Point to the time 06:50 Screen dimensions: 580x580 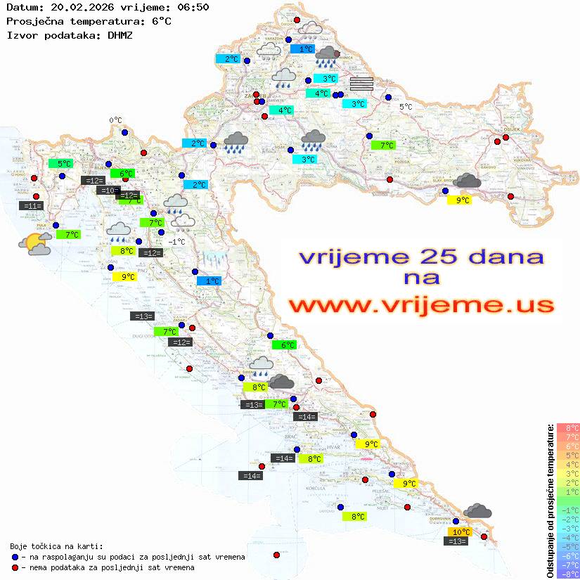[x=191, y=8]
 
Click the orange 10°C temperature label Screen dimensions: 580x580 [x=460, y=531]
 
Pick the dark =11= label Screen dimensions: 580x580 [x=32, y=206]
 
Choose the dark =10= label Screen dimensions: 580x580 [x=107, y=191]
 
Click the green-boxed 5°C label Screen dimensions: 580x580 [x=64, y=164]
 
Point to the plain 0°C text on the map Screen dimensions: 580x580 [x=116, y=120]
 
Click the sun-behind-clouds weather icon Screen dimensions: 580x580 [x=35, y=244]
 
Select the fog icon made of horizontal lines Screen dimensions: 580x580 [x=361, y=84]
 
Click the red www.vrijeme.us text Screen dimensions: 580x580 [x=420, y=306]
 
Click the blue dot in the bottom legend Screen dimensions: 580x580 [x=15, y=557]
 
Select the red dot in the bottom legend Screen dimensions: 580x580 [x=15, y=567]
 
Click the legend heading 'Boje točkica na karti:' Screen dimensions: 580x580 [x=56, y=546]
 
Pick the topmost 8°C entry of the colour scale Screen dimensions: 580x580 [x=567, y=428]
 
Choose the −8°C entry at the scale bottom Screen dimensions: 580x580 [x=567, y=574]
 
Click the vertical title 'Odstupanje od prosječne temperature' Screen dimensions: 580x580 [x=550, y=501]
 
